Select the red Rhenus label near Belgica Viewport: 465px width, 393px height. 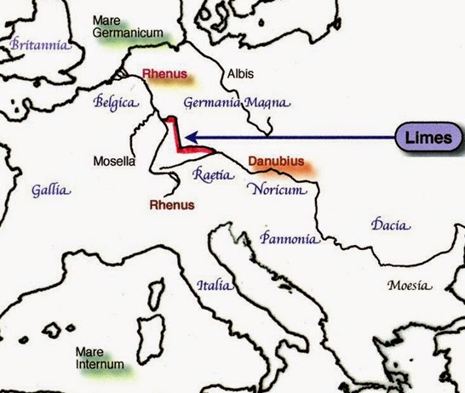166,75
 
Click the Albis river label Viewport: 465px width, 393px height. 239,74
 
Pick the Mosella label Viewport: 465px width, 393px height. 114,160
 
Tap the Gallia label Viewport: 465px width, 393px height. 51,190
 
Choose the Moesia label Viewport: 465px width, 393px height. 406,285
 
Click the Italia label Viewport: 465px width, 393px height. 212,286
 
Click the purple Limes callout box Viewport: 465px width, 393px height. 430,137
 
